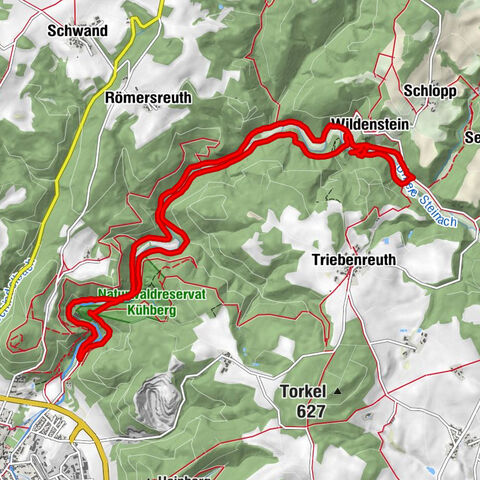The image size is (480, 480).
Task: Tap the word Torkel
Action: click(x=304, y=391)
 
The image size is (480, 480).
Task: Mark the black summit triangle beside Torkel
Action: click(x=339, y=391)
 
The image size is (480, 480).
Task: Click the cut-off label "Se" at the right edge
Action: click(x=471, y=138)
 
